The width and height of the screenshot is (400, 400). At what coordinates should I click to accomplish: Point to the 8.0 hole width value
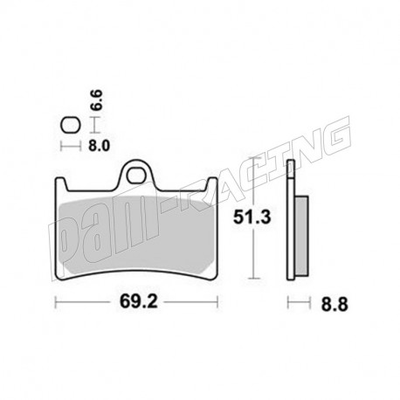[99, 145]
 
